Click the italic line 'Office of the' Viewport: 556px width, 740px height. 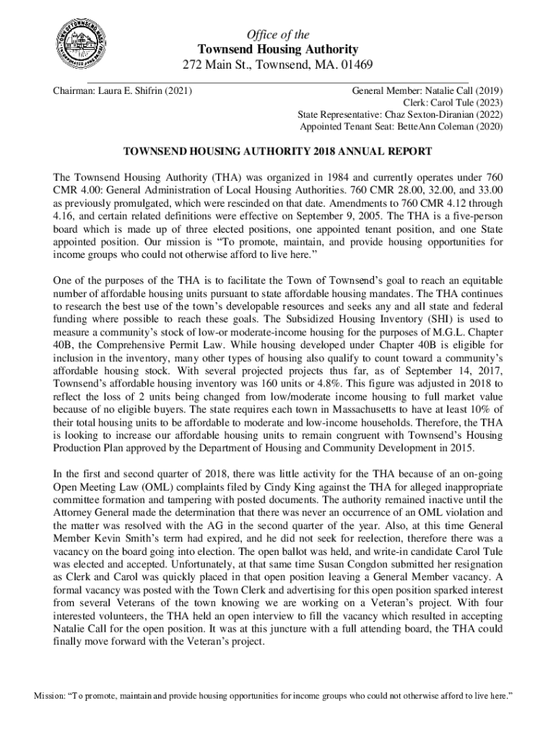click(278, 34)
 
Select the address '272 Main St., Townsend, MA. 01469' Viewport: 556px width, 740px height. click(278, 65)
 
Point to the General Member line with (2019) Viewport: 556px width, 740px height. click(427, 91)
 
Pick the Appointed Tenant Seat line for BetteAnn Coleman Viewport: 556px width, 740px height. click(401, 126)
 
